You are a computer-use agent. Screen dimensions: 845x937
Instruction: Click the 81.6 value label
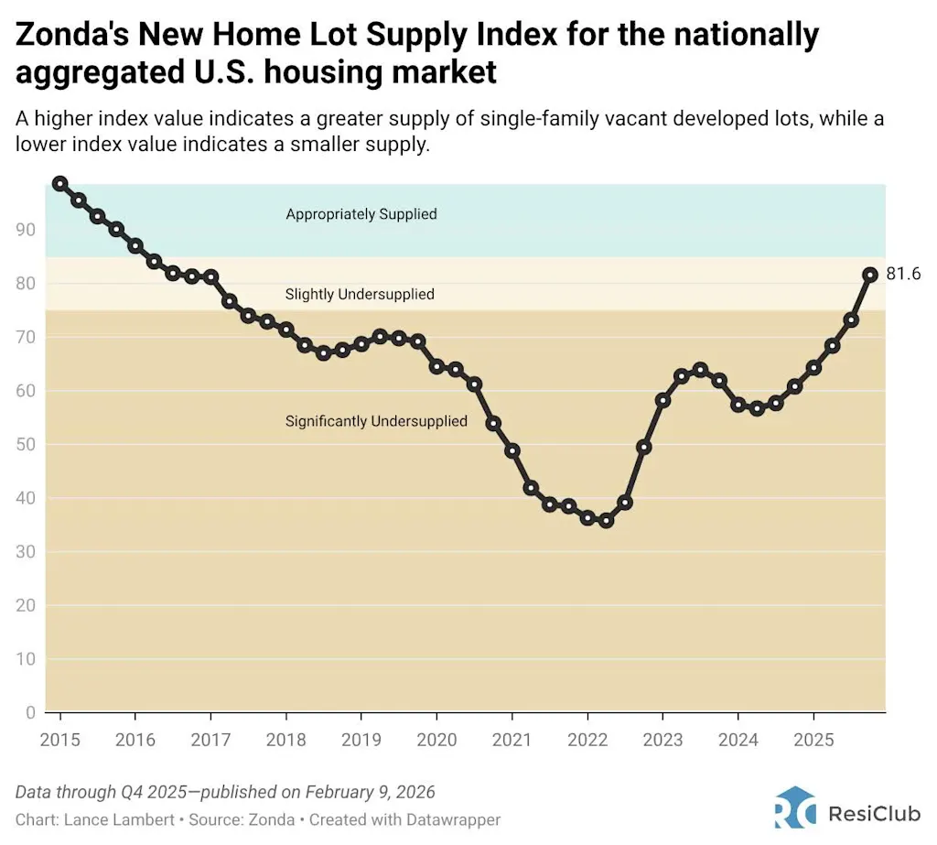(903, 274)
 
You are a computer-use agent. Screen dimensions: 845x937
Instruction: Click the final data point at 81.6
(870, 274)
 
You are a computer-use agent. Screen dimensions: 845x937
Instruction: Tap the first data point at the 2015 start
(59, 183)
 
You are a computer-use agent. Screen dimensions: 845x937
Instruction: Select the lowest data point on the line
(605, 520)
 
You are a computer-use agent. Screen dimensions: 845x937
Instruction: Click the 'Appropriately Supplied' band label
(361, 214)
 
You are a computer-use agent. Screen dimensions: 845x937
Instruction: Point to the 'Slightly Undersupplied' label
(360, 295)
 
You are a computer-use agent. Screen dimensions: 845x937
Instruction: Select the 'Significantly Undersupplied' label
(376, 421)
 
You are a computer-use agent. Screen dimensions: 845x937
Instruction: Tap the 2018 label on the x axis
(285, 740)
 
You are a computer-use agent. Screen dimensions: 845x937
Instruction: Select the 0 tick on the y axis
(30, 712)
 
